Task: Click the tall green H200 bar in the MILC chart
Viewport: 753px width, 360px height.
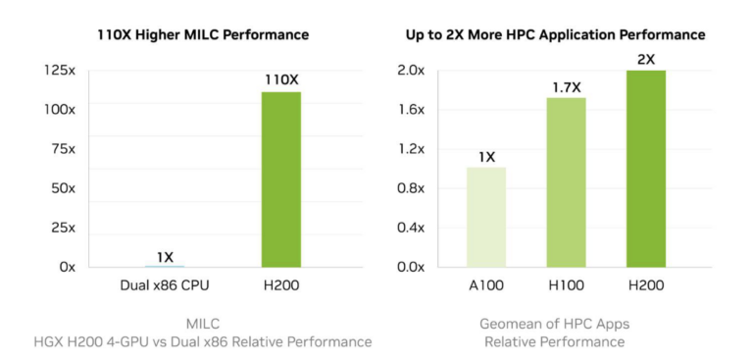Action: click(x=281, y=179)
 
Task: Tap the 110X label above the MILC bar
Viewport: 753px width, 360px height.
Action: click(x=281, y=78)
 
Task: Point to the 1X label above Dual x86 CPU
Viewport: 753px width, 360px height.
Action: click(x=165, y=257)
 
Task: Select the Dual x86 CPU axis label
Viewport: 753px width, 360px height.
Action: click(x=165, y=286)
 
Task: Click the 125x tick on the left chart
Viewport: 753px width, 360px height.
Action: click(x=61, y=71)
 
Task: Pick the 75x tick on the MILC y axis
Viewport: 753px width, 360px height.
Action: click(x=64, y=149)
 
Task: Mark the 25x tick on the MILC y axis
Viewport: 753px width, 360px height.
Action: click(x=64, y=228)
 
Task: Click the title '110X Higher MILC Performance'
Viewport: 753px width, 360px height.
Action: click(x=203, y=34)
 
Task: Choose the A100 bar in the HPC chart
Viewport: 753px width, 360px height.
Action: click(x=485, y=217)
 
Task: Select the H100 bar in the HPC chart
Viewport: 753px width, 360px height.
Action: click(x=565, y=181)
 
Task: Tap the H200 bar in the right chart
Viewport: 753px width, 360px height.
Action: click(x=645, y=168)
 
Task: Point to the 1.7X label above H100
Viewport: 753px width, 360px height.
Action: click(x=565, y=86)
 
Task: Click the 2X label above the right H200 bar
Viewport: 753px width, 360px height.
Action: click(x=645, y=59)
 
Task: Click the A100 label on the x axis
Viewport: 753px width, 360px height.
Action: click(x=485, y=286)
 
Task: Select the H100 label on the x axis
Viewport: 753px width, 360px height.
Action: click(x=565, y=286)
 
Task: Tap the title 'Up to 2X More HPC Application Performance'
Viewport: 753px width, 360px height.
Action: click(x=555, y=34)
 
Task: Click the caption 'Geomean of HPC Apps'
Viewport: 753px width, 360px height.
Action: click(x=555, y=323)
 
